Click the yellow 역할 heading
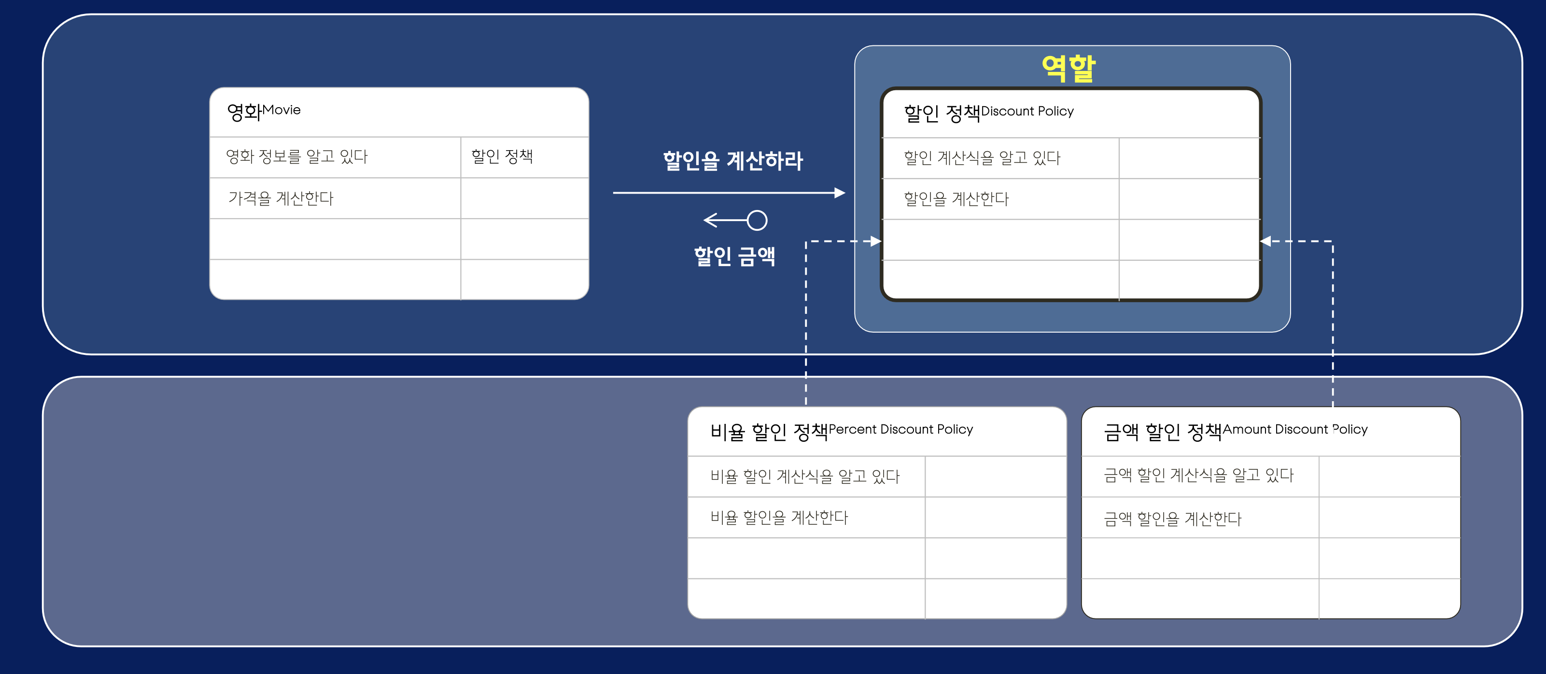[1068, 68]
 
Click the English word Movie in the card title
[281, 110]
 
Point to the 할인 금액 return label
[734, 256]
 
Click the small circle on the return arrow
[757, 220]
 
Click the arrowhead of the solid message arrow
[840, 193]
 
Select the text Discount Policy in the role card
[1027, 111]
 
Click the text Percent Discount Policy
[900, 429]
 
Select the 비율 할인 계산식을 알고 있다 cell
[805, 477]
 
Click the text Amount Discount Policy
[1294, 429]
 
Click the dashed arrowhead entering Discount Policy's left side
[876, 241]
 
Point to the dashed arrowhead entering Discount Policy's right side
[1266, 241]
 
